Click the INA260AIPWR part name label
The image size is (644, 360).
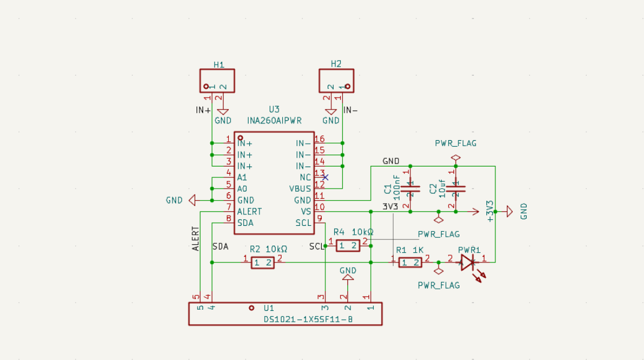tap(274, 120)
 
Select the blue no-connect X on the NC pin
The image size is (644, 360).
tap(325, 177)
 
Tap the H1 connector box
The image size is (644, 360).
tap(217, 81)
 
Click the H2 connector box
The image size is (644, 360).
tap(336, 81)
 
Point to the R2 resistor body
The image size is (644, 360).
tap(263, 263)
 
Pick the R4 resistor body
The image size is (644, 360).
tap(348, 246)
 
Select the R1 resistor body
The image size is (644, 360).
tap(410, 263)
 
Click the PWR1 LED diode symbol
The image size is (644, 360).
tap(468, 262)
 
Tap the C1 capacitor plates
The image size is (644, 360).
tap(410, 189)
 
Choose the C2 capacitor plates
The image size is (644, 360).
tap(455, 189)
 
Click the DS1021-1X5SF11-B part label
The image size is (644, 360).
tap(308, 319)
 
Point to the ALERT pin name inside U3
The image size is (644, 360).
tap(249, 212)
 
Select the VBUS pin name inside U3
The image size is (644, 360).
tap(300, 189)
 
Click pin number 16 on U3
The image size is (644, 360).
tap(319, 139)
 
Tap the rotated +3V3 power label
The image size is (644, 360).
tap(490, 211)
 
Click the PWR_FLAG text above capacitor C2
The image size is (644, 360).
tap(455, 143)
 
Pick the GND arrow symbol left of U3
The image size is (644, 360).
tap(192, 200)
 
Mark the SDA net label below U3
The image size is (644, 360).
tap(220, 247)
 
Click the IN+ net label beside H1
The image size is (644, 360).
tap(203, 110)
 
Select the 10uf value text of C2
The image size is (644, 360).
tap(442, 189)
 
